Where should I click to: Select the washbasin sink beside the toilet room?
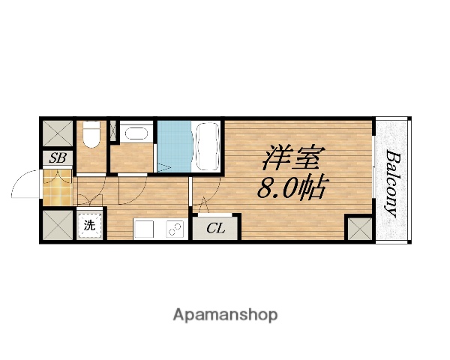click(x=135, y=134)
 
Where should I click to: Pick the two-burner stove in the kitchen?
click(x=176, y=229)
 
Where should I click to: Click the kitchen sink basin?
click(x=145, y=229)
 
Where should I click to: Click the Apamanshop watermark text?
click(x=225, y=314)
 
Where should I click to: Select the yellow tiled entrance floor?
click(x=57, y=187)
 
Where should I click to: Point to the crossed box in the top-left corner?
click(x=57, y=134)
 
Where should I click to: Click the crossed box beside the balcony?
click(x=358, y=227)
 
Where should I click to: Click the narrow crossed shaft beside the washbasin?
click(x=114, y=132)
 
